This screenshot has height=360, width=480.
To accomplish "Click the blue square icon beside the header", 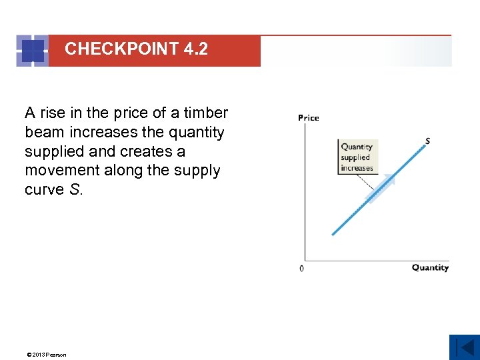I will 32,51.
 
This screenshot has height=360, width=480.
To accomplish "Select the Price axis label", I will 308,118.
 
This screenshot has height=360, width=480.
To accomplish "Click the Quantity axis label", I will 430,268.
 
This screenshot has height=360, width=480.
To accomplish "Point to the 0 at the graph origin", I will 301,269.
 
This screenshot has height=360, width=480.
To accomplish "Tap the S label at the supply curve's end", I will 427,141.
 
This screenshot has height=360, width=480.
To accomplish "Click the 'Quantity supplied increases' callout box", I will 357,157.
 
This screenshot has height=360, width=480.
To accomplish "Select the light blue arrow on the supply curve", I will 381,189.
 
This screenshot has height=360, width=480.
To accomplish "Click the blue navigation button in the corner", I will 464,347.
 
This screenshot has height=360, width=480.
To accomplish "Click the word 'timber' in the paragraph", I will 205,113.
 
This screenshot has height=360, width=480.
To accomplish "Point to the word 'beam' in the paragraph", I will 43,133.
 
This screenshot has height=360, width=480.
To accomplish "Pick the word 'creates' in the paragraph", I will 147,152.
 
